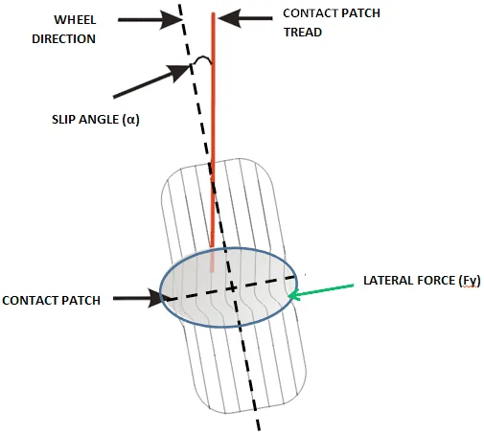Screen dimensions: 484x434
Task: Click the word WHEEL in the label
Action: click(x=75, y=20)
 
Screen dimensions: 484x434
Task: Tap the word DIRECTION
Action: click(x=63, y=39)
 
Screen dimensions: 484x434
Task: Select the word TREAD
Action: click(x=303, y=33)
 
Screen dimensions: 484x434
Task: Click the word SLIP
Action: click(x=63, y=120)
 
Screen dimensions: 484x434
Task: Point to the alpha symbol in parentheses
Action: click(x=131, y=120)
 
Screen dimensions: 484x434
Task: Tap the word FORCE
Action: click(x=436, y=281)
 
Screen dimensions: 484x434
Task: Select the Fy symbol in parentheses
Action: click(x=470, y=281)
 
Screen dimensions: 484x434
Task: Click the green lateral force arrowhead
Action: click(x=293, y=295)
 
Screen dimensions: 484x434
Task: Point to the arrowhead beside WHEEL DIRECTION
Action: click(x=172, y=20)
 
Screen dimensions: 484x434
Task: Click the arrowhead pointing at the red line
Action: click(x=229, y=18)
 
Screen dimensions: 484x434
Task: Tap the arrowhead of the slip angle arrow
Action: click(x=181, y=71)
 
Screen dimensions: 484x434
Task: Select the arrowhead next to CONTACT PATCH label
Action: click(x=155, y=298)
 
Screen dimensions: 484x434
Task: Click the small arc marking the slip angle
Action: click(x=202, y=58)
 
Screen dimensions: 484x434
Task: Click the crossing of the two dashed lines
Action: click(x=233, y=288)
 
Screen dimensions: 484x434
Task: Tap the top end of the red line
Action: click(x=214, y=13)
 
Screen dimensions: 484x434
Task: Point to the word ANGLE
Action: click(x=99, y=120)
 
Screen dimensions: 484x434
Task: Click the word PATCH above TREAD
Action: click(x=360, y=13)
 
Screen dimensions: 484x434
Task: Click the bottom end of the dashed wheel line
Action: click(x=259, y=429)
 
